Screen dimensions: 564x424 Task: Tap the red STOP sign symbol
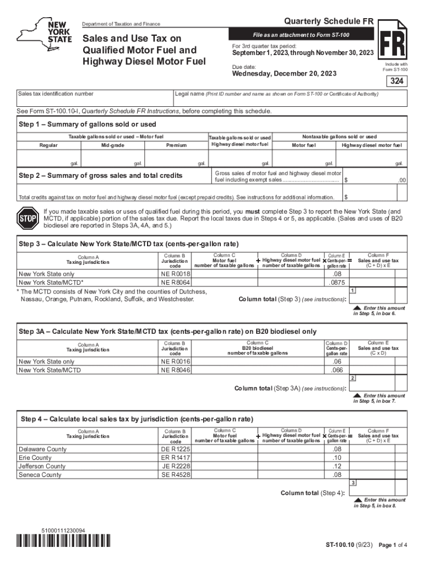(x=26, y=218)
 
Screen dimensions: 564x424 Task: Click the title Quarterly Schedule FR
(x=329, y=21)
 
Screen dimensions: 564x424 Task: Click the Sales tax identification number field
(x=94, y=99)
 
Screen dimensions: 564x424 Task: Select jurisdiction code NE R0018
(x=176, y=274)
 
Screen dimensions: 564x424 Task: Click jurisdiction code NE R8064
(x=176, y=282)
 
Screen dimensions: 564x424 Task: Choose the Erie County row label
(x=35, y=458)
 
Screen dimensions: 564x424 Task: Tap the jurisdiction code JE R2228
(x=176, y=466)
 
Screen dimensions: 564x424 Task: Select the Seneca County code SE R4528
(x=176, y=475)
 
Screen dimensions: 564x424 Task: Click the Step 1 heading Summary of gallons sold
(x=88, y=124)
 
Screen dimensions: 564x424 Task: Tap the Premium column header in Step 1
(x=176, y=145)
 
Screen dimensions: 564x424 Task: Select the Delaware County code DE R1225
(x=176, y=449)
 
